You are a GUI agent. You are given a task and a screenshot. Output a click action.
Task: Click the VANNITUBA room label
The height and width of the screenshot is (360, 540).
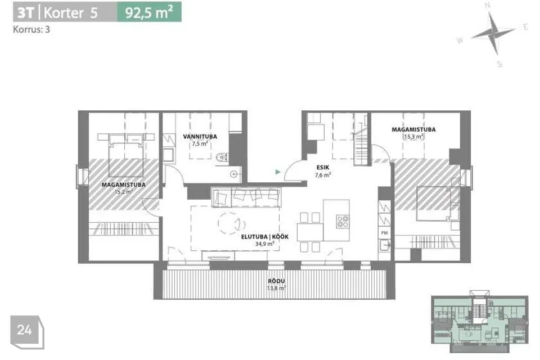tap(200, 137)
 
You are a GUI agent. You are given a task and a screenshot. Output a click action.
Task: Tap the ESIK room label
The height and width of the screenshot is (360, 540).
tap(323, 168)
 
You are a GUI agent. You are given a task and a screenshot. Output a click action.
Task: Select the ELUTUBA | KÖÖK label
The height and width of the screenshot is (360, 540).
tap(264, 237)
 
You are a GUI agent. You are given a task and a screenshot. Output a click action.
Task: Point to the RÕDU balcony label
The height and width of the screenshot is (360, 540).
tap(276, 281)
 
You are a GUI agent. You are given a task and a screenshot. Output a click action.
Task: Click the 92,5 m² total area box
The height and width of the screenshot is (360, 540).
tap(149, 13)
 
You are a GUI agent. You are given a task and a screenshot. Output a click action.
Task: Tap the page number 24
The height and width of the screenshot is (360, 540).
tap(25, 330)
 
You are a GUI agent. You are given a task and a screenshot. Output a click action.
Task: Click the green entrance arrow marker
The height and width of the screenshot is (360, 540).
tap(278, 172)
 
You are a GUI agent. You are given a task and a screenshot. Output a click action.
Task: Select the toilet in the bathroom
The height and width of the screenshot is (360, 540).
tap(222, 157)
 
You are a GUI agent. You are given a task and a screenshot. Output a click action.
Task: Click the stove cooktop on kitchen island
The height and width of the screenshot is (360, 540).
tap(343, 221)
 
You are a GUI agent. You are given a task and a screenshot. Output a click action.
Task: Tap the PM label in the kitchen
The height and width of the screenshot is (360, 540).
tap(384, 233)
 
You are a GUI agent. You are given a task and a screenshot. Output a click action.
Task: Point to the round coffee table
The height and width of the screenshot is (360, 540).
tap(229, 223)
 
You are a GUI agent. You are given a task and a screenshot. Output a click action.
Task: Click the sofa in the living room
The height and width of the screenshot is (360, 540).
tap(246, 197)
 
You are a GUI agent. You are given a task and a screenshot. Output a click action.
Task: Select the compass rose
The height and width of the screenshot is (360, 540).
tap(493, 33)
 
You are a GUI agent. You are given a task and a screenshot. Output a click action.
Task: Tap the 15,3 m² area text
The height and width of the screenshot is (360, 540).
tap(413, 137)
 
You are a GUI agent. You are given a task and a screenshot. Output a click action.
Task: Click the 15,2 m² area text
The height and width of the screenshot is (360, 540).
tap(124, 192)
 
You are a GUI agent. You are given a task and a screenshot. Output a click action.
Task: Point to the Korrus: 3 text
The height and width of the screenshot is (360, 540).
tap(31, 30)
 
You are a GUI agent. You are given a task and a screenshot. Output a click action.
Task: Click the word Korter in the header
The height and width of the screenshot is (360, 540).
tap(64, 13)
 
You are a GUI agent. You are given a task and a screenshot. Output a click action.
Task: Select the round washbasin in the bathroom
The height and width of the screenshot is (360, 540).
tap(235, 174)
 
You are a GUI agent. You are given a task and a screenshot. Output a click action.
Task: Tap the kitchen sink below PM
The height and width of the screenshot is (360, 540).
tap(384, 245)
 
